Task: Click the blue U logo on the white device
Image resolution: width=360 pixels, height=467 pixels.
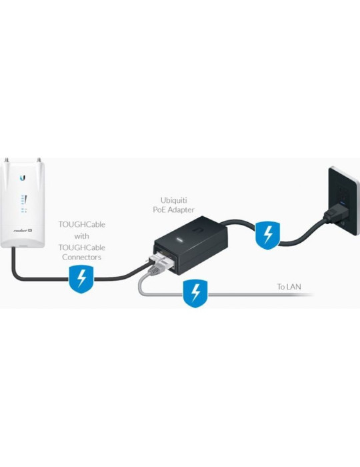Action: [x=23, y=178]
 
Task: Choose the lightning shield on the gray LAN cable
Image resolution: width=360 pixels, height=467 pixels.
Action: [x=195, y=293]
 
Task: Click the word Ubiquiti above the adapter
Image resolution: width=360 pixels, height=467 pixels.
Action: [x=177, y=200]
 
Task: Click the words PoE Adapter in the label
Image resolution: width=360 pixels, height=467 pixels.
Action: [x=177, y=210]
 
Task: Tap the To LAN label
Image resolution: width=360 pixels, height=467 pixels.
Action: [x=289, y=288]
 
